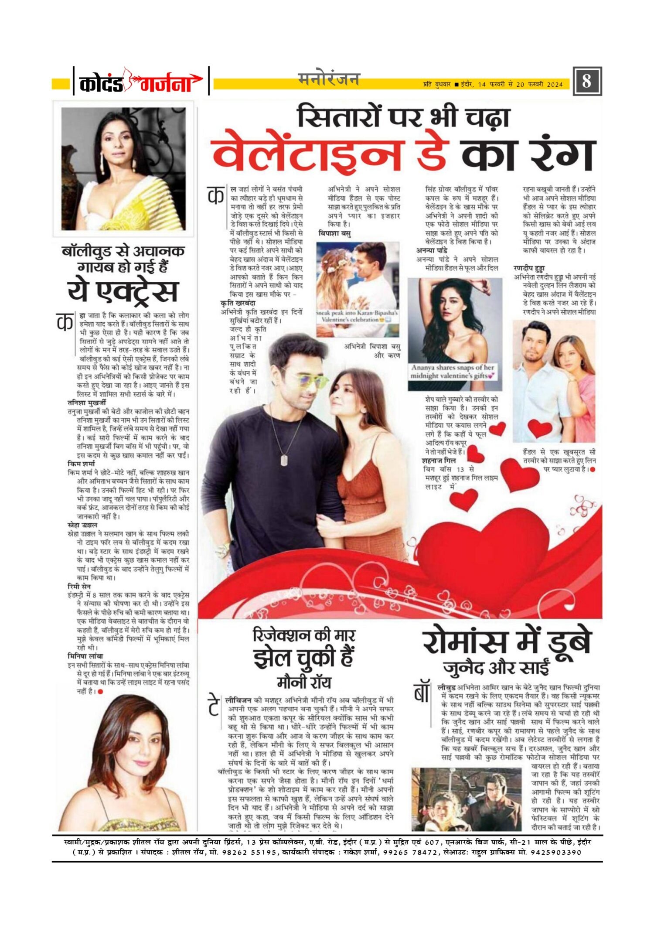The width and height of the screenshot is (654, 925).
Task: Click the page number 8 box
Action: coord(587,81)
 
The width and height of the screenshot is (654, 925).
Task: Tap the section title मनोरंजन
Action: coord(329,79)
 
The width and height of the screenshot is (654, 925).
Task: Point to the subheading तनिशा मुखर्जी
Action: coord(87,403)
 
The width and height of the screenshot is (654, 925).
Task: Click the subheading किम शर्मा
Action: coord(81,464)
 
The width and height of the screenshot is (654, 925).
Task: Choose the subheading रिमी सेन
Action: coord(79,587)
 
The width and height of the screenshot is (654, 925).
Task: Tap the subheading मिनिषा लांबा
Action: coord(85,656)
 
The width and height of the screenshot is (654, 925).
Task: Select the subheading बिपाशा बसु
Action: coord(334,234)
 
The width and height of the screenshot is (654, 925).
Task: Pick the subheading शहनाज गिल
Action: coord(439,461)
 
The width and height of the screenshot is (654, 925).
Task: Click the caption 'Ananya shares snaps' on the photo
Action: coord(453,372)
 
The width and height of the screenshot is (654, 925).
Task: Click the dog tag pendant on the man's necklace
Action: coord(284,460)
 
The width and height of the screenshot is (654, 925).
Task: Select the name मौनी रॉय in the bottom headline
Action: coord(304,682)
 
